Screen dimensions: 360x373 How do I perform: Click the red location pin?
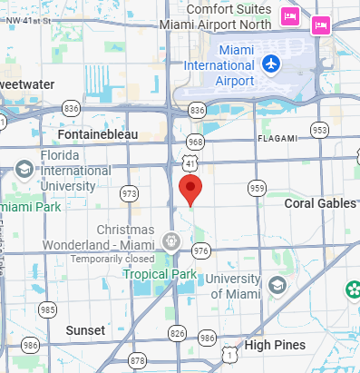click(190, 190)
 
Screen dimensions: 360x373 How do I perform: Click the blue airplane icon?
click(270, 64)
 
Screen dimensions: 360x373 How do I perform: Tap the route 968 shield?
click(195, 142)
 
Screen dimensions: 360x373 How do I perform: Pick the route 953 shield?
click(319, 131)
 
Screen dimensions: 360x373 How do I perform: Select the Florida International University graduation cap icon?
click(24, 169)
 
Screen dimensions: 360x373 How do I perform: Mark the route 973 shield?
click(131, 193)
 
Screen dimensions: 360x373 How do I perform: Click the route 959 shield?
click(257, 189)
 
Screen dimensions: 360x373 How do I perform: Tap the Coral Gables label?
click(320, 203)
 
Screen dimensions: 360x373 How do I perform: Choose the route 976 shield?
click(200, 250)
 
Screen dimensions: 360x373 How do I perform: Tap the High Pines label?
click(276, 345)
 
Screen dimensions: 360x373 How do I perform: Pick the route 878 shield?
click(137, 360)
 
